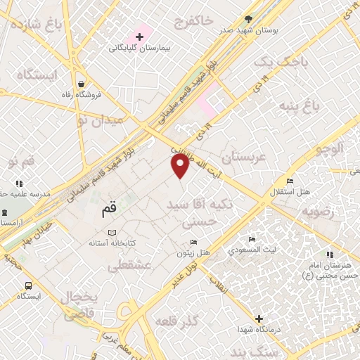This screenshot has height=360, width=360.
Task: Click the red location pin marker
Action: [x=181, y=165]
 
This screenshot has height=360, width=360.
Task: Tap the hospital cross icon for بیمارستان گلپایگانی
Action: [x=139, y=36]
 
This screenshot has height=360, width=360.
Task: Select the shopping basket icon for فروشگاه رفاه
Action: [x=83, y=83]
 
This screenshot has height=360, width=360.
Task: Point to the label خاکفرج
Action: [x=205, y=21]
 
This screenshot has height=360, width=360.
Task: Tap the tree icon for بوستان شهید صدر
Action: [x=248, y=19]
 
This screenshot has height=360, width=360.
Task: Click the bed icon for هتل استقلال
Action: [x=290, y=181]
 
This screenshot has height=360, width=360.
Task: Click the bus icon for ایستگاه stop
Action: [x=28, y=286]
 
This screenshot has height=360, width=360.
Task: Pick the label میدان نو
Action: [x=100, y=120]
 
